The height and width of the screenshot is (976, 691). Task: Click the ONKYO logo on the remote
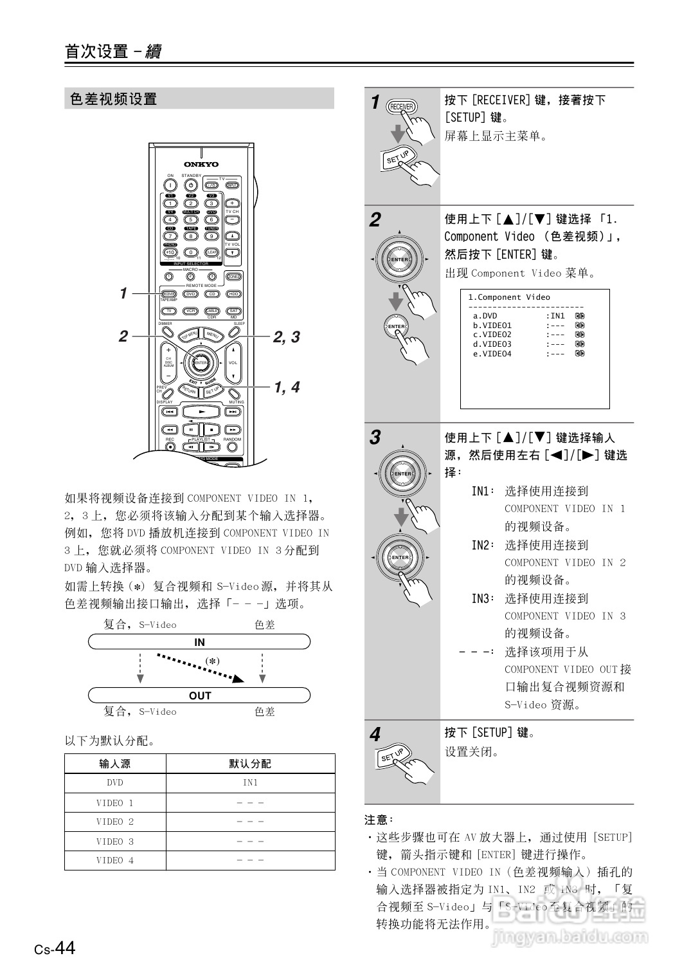201,164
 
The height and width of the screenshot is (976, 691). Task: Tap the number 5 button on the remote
191,219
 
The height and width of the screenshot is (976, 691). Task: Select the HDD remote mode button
233,294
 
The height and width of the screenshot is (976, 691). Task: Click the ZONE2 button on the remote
233,277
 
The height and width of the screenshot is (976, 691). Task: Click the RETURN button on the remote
188,391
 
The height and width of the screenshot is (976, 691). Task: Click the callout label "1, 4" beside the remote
287,387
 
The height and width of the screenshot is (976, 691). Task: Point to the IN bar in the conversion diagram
199,642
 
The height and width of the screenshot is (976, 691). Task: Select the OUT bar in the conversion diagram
199,695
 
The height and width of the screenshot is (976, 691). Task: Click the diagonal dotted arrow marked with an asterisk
199,667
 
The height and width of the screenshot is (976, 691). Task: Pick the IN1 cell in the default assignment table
250,783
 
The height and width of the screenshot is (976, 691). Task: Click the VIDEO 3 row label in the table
115,842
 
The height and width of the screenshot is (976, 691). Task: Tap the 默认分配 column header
250,764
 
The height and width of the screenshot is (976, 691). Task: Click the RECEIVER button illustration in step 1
402,107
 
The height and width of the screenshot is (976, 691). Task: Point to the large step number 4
375,735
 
